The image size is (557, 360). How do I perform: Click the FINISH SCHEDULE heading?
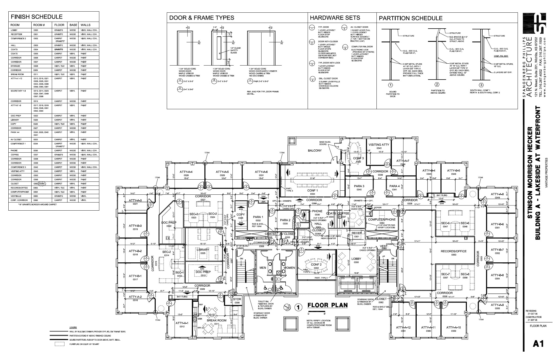pyautogui.click(x=36, y=17)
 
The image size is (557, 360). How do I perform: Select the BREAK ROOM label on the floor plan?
pyautogui.click(x=216, y=320)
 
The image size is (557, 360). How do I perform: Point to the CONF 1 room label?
pyautogui.click(x=313, y=191)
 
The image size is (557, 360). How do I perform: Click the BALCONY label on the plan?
pyautogui.click(x=315, y=150)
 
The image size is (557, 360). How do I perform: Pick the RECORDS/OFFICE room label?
pyautogui.click(x=453, y=251)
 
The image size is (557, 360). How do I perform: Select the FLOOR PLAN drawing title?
pyautogui.click(x=327, y=305)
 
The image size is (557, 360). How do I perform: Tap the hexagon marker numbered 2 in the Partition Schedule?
pyautogui.click(x=437, y=84)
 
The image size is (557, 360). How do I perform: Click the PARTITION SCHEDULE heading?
pyautogui.click(x=410, y=18)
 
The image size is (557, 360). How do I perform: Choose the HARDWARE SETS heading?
pyautogui.click(x=335, y=18)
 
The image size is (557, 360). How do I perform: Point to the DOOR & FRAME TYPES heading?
pyautogui.click(x=201, y=18)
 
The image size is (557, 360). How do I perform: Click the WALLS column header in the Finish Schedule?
pyautogui.click(x=85, y=25)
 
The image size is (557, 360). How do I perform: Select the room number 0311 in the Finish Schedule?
pyautogui.click(x=36, y=74)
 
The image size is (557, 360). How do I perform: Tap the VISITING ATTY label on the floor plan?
pyautogui.click(x=379, y=145)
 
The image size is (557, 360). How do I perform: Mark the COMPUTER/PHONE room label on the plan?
pyautogui.click(x=382, y=220)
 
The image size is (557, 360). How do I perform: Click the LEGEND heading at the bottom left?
pyautogui.click(x=73, y=327)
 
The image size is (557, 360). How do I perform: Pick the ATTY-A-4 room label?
pyautogui.click(x=186, y=172)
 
